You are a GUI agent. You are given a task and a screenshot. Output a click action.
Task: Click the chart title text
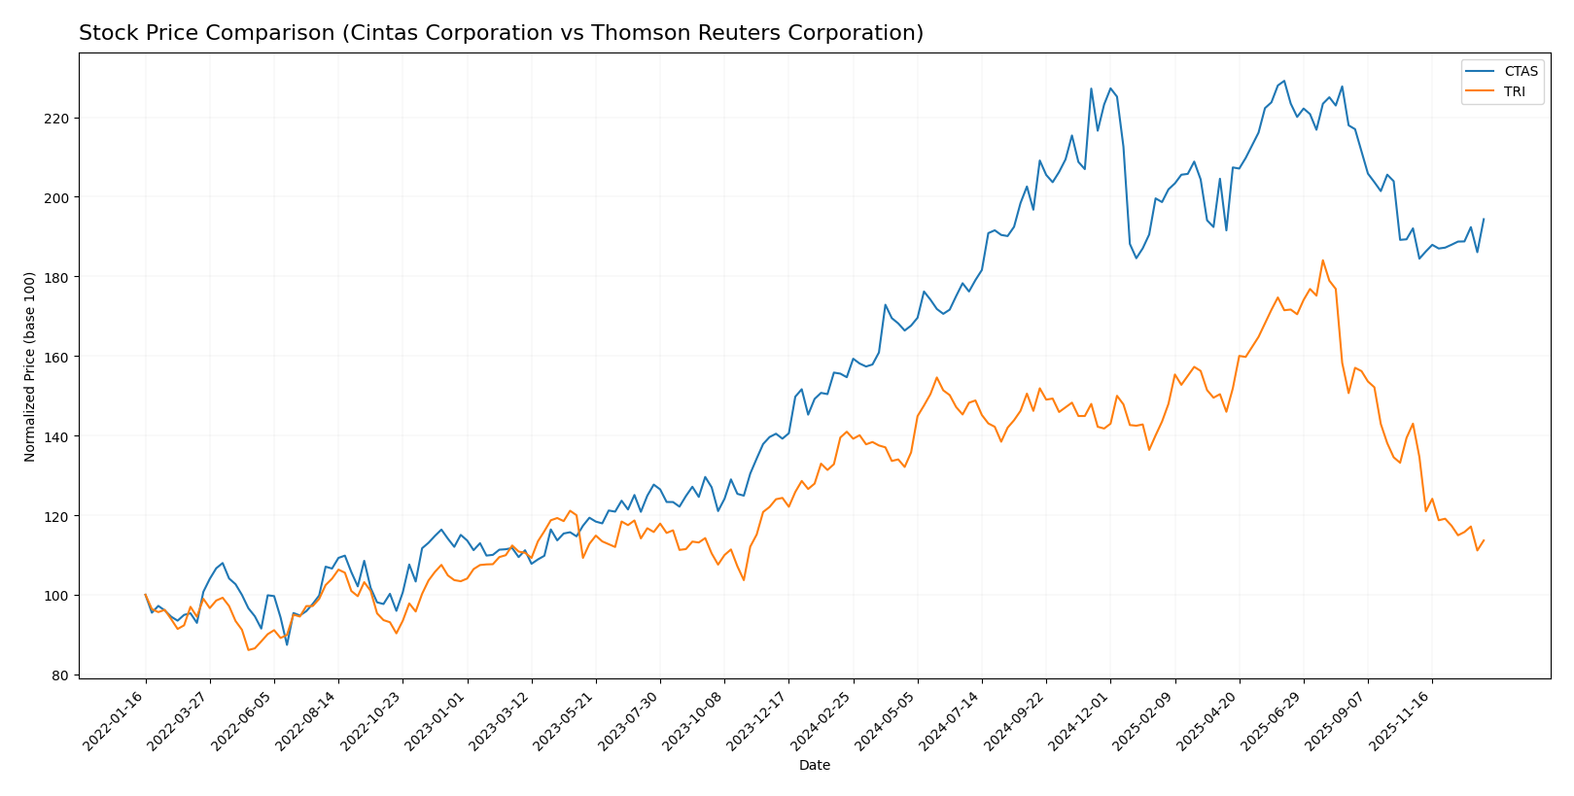(501, 33)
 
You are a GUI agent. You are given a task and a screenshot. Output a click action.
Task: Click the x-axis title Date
(815, 766)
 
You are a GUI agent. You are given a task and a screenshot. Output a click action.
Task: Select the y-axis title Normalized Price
(30, 366)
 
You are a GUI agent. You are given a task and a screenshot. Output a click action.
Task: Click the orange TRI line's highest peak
(1322, 260)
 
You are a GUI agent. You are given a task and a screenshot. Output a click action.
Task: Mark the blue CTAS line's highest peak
(1283, 81)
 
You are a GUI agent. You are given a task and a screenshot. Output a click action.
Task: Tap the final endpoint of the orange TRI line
(1484, 540)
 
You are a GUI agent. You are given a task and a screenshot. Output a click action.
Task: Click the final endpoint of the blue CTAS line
(1484, 219)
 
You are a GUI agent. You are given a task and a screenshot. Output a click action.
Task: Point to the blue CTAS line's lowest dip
(287, 644)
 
